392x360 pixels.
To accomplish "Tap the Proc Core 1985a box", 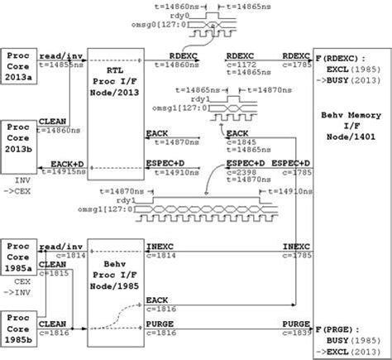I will click(19, 257).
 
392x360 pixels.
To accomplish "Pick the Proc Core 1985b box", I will click(19, 328).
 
